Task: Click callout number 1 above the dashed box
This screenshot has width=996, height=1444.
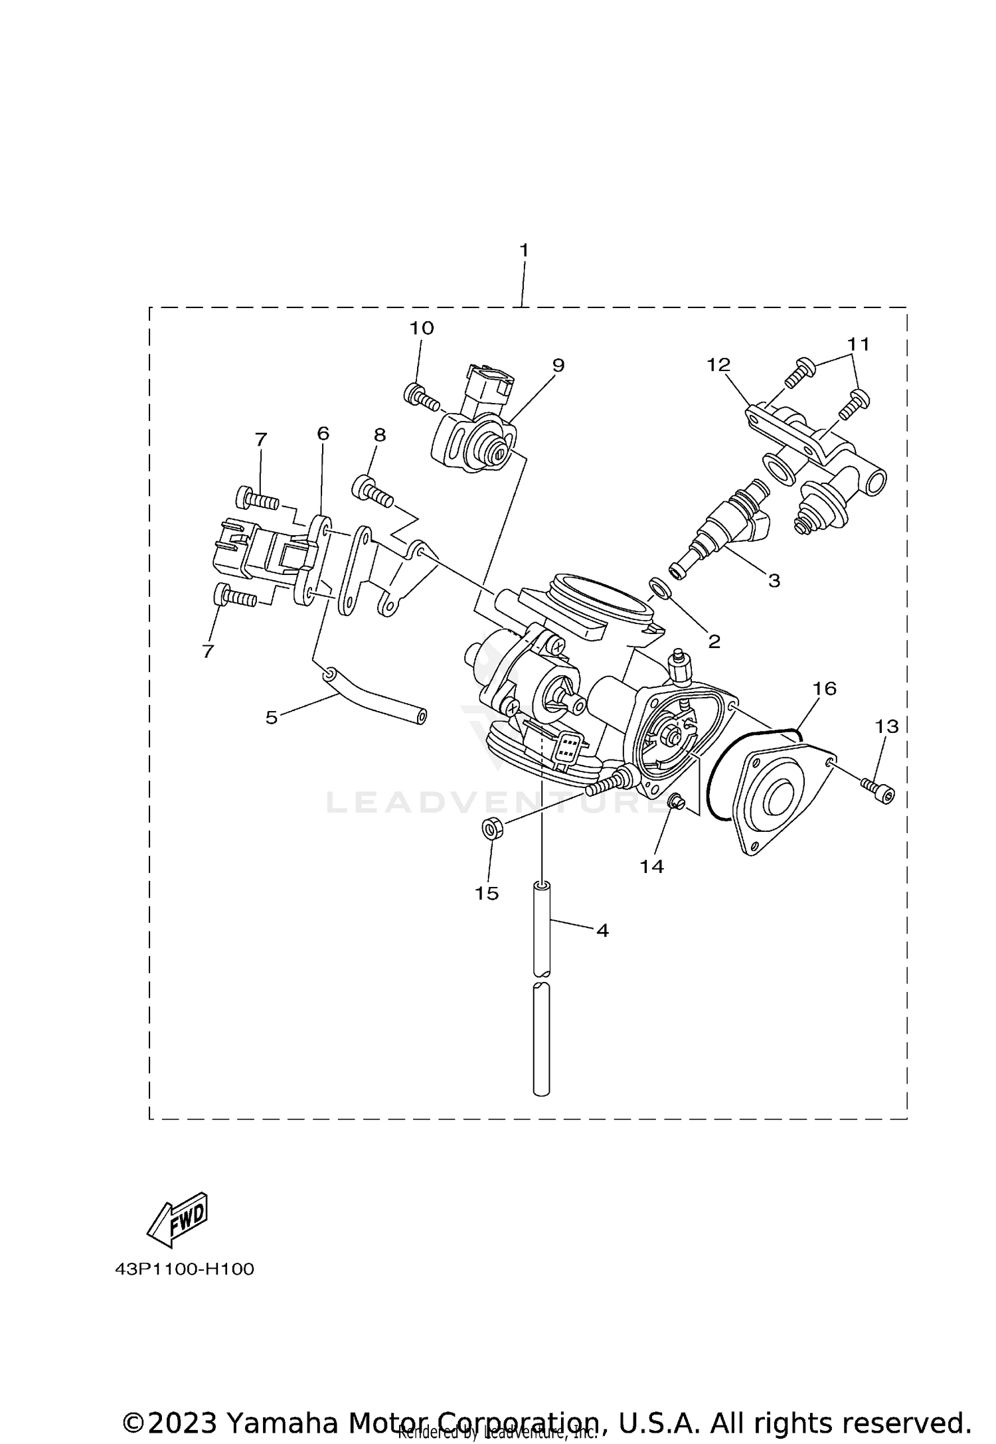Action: point(524,251)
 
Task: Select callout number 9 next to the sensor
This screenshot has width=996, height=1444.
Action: point(558,365)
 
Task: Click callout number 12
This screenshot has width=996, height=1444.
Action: point(718,364)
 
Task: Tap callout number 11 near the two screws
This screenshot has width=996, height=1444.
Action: point(858,344)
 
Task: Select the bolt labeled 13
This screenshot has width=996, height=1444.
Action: point(878,789)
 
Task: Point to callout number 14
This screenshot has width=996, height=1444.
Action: point(652,866)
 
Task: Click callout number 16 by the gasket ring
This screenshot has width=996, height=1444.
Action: point(824,688)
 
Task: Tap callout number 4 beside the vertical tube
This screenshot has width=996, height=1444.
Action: point(602,931)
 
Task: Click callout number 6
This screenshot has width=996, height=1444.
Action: point(323,434)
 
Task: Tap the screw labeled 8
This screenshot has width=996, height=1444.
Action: point(373,492)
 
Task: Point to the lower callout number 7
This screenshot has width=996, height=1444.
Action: point(208,651)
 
